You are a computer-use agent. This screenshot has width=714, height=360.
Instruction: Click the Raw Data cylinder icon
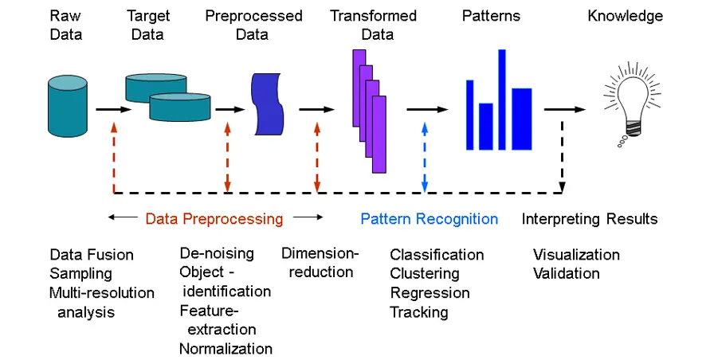click(68, 107)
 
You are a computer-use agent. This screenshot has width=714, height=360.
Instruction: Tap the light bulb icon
click(632, 104)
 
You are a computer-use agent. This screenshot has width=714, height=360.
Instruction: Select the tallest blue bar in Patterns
click(502, 100)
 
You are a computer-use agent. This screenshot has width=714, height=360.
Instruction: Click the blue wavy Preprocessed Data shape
click(267, 104)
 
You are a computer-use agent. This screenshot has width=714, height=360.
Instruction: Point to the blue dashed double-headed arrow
click(425, 158)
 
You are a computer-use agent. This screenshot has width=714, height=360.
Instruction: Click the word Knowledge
click(626, 16)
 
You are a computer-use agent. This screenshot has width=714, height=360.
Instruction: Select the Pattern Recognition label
click(429, 219)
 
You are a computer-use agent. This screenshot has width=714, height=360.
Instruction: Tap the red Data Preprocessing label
click(214, 219)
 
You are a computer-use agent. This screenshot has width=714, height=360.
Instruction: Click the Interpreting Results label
click(590, 219)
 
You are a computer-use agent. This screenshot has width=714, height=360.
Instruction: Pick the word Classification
click(437, 254)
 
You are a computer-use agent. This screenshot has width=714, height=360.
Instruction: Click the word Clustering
click(425, 273)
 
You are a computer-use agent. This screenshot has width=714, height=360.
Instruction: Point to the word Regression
click(430, 292)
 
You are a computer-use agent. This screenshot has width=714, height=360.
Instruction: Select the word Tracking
click(419, 312)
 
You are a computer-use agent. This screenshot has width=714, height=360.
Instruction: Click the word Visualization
click(576, 254)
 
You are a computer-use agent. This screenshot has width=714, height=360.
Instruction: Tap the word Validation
click(567, 273)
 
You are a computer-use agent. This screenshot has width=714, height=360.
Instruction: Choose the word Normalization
click(226, 349)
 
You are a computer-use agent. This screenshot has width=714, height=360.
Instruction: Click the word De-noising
click(217, 253)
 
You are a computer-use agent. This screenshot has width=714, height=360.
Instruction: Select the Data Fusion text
click(92, 254)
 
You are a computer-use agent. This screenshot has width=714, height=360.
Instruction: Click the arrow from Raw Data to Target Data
click(113, 110)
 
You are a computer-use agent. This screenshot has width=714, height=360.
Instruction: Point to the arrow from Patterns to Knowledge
click(565, 110)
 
